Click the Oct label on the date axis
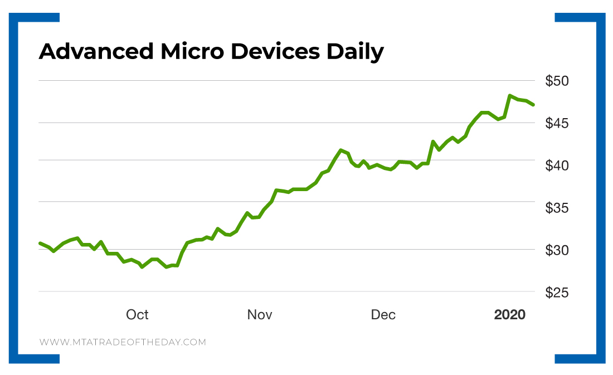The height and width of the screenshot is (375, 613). tap(137, 315)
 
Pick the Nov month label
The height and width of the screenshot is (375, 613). tap(260, 315)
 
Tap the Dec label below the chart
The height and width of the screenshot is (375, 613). tap(383, 315)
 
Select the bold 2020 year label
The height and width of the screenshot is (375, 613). tap(509, 315)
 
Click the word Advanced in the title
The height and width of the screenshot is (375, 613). tap(96, 52)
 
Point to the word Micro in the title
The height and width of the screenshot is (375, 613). tap(192, 52)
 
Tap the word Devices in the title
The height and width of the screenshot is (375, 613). tap(275, 52)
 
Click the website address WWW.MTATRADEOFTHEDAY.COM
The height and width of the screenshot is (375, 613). tap(123, 342)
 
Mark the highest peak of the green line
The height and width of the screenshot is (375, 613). tap(510, 96)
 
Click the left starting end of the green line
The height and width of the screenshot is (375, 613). tap(40, 243)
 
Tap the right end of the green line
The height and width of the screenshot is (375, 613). tap(533, 105)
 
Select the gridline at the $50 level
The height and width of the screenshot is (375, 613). tap(279, 80)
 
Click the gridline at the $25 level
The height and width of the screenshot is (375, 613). tap(279, 291)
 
